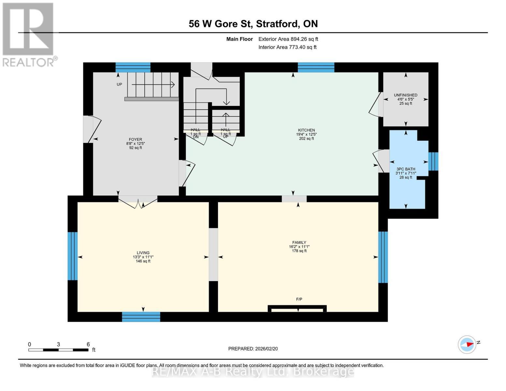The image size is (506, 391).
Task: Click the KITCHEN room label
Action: [306, 130]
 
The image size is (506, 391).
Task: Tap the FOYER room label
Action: [135, 139]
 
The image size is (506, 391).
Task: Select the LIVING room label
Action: [143, 253]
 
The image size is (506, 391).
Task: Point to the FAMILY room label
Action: [299, 242]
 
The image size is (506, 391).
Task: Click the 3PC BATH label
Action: [406, 169]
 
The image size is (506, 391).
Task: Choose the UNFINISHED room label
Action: [405, 95]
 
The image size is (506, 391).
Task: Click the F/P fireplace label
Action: [299, 299]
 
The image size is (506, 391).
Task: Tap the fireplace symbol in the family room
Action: [297, 308]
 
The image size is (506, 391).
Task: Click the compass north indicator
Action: [467, 344]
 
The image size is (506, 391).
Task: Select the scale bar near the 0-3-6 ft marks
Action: [58, 350]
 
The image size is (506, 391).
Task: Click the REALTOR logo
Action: [29, 35]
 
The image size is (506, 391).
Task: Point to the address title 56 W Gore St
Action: [253, 24]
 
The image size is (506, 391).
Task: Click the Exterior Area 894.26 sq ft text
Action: [288, 39]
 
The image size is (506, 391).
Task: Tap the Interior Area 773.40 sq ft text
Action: [287, 47]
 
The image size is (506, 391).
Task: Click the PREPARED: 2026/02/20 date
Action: [253, 349]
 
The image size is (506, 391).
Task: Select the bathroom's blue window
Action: [433, 161]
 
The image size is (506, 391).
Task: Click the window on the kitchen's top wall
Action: [316, 67]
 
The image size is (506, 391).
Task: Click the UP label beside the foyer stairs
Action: [119, 84]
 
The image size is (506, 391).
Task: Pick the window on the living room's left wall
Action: [72, 256]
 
